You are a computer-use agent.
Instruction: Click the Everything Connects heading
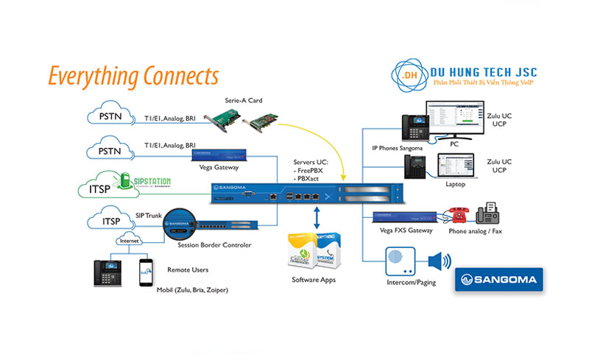(133, 75)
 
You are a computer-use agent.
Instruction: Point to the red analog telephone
(455, 214)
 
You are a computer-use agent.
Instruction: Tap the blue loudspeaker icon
(440, 262)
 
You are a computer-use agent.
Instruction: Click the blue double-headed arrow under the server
(317, 219)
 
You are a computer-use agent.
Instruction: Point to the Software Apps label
(315, 280)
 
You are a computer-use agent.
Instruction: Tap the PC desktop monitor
(455, 126)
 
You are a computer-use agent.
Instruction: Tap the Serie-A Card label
(244, 100)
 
